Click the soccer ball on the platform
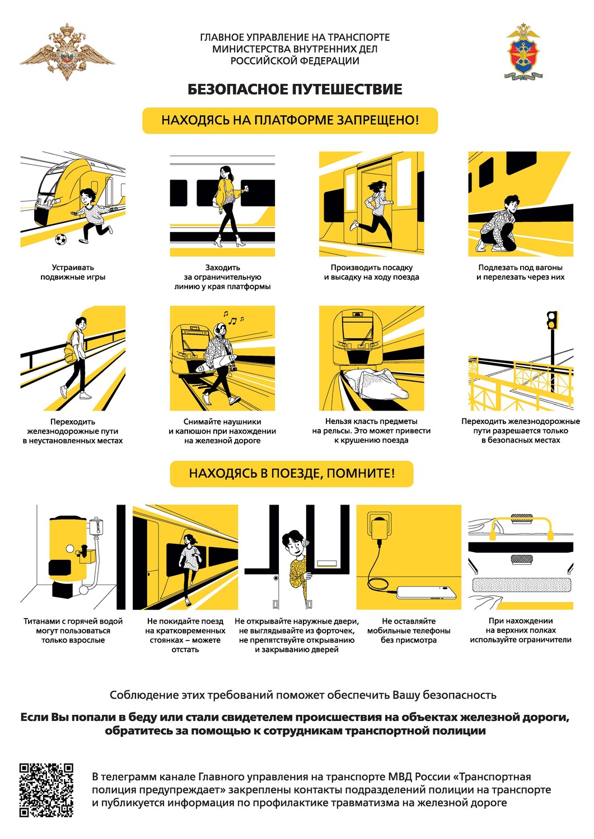click(61, 239)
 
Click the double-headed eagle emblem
click(67, 51)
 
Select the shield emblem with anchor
click(523, 51)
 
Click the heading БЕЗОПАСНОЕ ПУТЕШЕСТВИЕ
click(294, 89)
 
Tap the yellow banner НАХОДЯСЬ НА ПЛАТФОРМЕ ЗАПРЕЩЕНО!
click(290, 121)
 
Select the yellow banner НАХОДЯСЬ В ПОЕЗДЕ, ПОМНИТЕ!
click(291, 473)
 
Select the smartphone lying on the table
click(427, 592)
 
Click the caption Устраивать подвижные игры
click(73, 272)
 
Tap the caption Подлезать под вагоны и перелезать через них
click(520, 272)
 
